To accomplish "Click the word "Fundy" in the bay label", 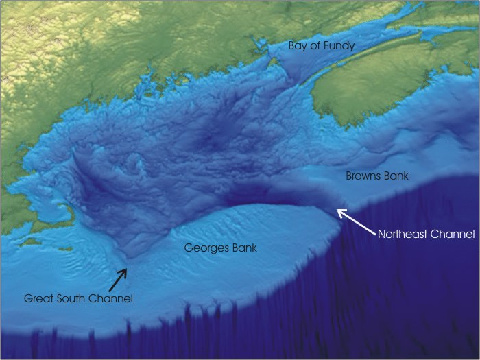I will (339, 47).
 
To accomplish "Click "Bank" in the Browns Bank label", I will (396, 176).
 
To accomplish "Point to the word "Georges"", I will (206, 248).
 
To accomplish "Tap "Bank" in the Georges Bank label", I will (243, 248).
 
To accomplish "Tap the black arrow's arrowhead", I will (125, 270).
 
